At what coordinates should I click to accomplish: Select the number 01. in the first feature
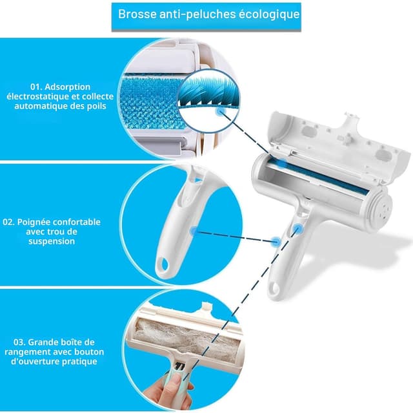tap(36, 87)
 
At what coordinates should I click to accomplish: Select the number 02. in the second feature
tap(8, 222)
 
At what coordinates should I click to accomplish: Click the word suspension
tap(52, 241)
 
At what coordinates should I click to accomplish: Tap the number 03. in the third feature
tap(19, 343)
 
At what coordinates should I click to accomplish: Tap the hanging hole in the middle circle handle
tap(163, 265)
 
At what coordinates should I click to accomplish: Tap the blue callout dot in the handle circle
tap(194, 231)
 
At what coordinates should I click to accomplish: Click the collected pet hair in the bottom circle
tap(185, 338)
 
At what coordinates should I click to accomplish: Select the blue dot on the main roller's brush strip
tap(283, 162)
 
